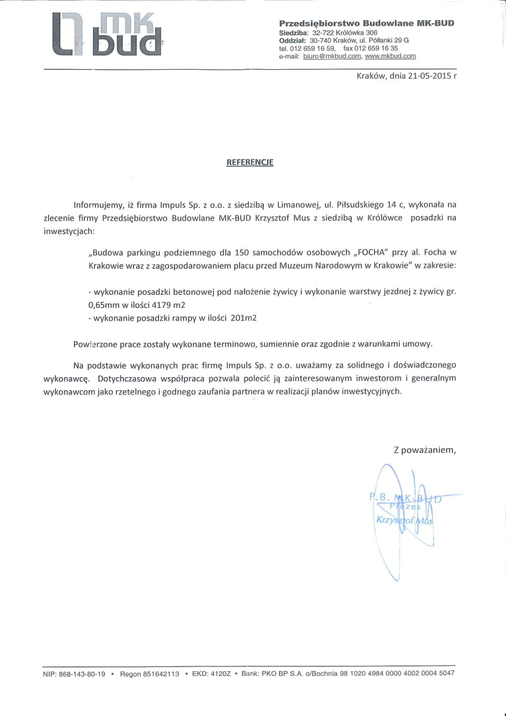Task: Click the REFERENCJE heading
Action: tap(250, 162)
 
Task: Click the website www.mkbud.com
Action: tap(390, 56)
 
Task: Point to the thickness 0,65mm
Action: tap(103, 304)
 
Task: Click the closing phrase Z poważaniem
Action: tap(424, 450)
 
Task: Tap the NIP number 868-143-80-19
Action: tap(82, 674)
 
